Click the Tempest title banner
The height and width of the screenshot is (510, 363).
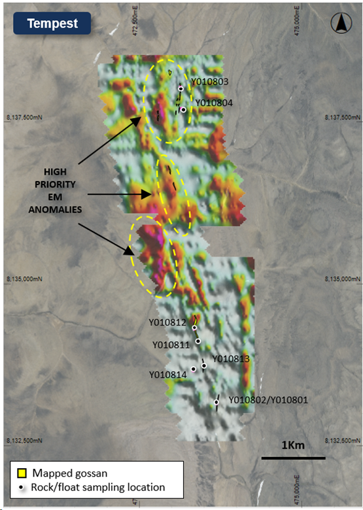(x=52, y=24)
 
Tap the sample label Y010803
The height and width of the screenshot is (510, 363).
(x=209, y=82)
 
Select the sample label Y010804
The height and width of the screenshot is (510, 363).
(x=214, y=103)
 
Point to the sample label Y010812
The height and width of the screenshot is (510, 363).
(x=167, y=322)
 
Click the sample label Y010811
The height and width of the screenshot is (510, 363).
(x=171, y=345)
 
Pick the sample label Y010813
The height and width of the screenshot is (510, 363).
(x=231, y=358)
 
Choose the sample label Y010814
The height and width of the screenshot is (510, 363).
(x=167, y=375)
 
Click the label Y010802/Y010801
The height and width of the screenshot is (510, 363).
(x=268, y=399)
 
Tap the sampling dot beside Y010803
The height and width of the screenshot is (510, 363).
(x=181, y=88)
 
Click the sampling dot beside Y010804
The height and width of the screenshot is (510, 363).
(x=184, y=110)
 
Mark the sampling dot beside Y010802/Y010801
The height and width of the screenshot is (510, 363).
(x=216, y=402)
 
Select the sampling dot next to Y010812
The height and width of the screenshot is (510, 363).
(x=194, y=328)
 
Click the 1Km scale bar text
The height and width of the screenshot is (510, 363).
(x=293, y=445)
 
